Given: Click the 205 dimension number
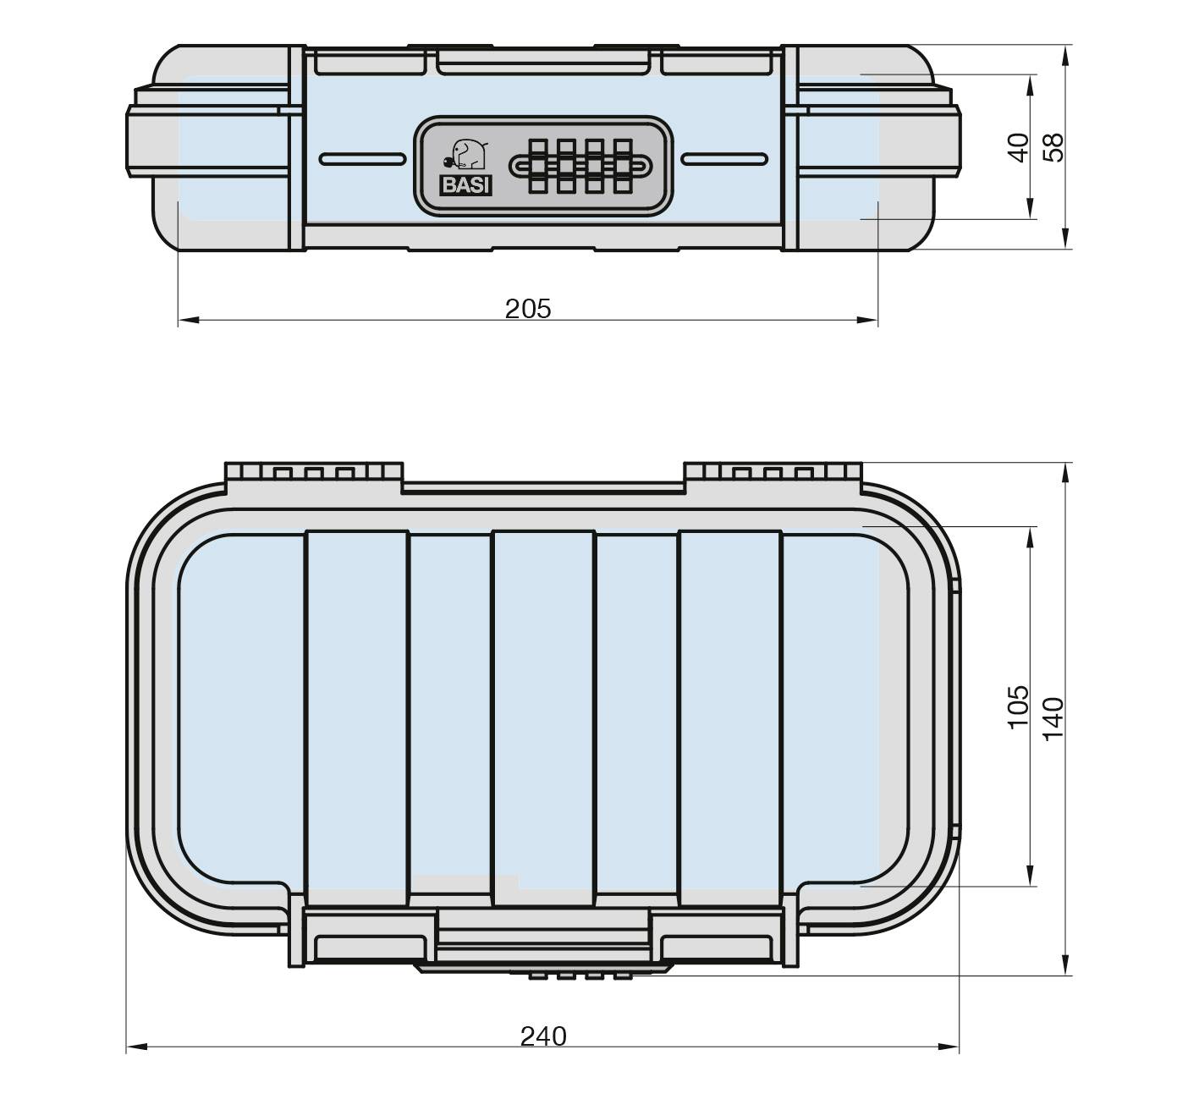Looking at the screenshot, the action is tap(527, 309).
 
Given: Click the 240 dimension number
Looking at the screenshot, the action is tap(542, 1036).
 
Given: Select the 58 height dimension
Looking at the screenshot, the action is tap(1053, 147).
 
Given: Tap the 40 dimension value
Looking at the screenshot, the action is tap(1020, 147).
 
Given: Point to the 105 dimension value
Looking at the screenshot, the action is tap(1018, 706).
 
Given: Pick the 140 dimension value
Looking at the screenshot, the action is tap(1052, 719).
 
